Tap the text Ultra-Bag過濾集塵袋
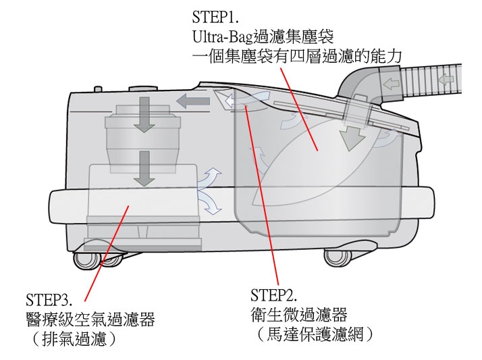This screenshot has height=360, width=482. point(264,34)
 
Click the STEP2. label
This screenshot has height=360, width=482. point(273,296)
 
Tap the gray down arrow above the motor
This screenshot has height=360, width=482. point(143,112)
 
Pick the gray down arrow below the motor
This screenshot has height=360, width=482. point(143,168)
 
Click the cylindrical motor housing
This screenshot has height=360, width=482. point(143,138)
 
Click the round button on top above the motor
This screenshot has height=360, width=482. point(143,88)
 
